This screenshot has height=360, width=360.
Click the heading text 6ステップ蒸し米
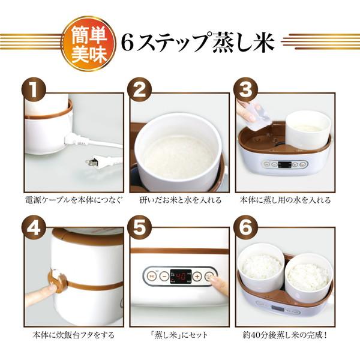coord(197,41)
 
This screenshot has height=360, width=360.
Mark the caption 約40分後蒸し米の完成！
coord(285,334)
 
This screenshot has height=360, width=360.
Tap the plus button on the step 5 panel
coord(197,277)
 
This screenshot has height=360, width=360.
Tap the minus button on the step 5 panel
coord(164,277)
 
